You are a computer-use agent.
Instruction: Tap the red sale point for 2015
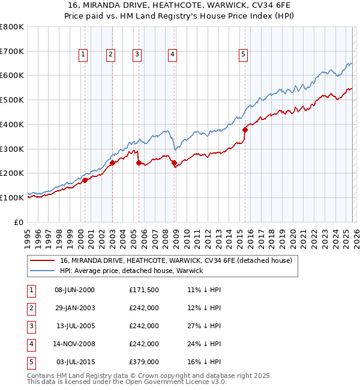(x=245, y=130)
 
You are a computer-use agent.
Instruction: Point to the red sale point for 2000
(x=85, y=179)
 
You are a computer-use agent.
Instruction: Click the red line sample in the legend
(x=43, y=261)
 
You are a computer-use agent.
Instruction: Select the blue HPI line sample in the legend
(x=43, y=271)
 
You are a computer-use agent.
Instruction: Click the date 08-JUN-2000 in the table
(x=74, y=290)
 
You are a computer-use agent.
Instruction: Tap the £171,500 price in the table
(x=144, y=290)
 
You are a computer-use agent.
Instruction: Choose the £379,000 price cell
(x=144, y=362)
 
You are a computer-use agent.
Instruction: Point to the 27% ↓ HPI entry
(x=204, y=326)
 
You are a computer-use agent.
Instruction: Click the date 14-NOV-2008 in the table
(x=74, y=344)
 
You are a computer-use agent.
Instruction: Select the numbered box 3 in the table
(x=31, y=326)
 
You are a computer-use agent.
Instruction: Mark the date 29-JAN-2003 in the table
(x=74, y=308)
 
